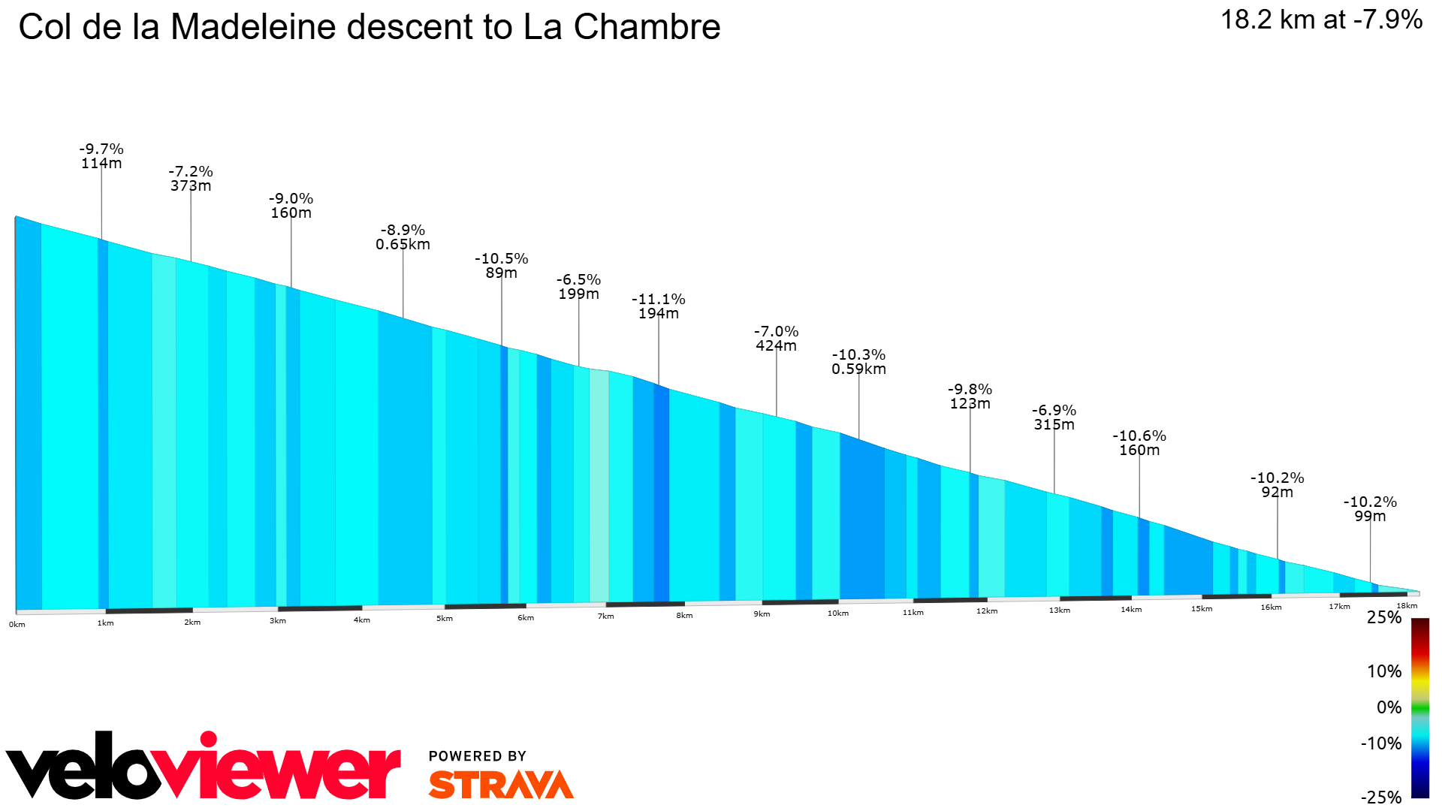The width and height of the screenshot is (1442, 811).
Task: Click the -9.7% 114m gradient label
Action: click(101, 156)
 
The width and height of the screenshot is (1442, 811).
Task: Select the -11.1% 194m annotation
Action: click(659, 306)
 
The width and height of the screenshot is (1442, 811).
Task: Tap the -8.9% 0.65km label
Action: click(403, 237)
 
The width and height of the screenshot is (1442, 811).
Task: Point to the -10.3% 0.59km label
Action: click(858, 362)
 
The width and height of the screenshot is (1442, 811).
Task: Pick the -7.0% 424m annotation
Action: click(776, 339)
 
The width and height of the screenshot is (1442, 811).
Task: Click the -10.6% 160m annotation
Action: click(1139, 443)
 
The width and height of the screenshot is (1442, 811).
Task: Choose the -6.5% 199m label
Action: click(578, 287)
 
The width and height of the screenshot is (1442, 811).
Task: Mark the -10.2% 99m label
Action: click(1370, 509)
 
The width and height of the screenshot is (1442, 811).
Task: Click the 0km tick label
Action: click(17, 625)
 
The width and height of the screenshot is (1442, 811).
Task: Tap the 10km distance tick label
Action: click(838, 614)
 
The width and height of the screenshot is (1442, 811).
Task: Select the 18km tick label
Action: click(1407, 606)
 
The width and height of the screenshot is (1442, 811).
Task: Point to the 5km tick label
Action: click(445, 619)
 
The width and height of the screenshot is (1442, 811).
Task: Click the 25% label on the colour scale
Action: click(1383, 618)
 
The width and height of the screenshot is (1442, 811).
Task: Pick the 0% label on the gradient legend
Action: click(1389, 707)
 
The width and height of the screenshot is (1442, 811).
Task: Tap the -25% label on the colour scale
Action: click(1380, 797)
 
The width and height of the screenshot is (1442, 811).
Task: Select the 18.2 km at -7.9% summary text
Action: click(1321, 20)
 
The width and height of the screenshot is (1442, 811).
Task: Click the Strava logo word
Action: click(501, 785)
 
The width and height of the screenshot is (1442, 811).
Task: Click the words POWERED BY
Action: click(477, 756)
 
